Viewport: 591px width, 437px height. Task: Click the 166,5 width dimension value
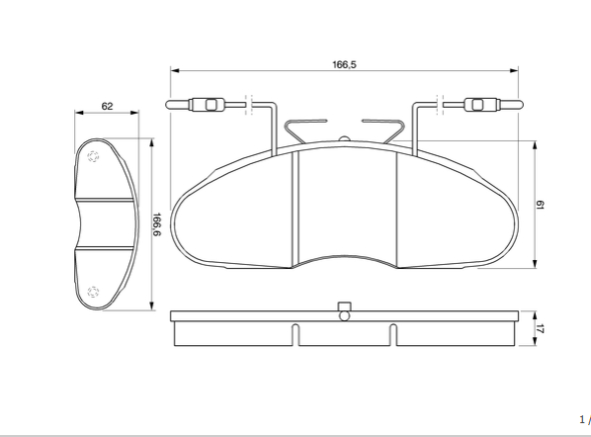[x=344, y=64]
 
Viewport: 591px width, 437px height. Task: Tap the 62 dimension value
[x=107, y=106]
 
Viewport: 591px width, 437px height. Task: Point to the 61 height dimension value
[x=541, y=205]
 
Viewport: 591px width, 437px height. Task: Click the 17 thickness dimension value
[x=541, y=328]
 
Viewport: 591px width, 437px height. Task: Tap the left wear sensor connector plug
[x=210, y=105]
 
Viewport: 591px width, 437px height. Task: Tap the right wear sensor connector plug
[x=478, y=105]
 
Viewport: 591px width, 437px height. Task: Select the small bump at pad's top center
[x=343, y=137]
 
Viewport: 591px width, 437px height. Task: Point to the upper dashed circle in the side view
[x=94, y=157]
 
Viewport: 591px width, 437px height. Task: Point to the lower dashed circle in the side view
[x=94, y=291]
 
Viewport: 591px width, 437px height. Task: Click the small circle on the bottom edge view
[x=344, y=316]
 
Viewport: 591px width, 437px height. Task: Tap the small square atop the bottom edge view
[x=344, y=306]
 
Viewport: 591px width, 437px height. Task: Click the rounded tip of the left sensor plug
[x=171, y=105]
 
